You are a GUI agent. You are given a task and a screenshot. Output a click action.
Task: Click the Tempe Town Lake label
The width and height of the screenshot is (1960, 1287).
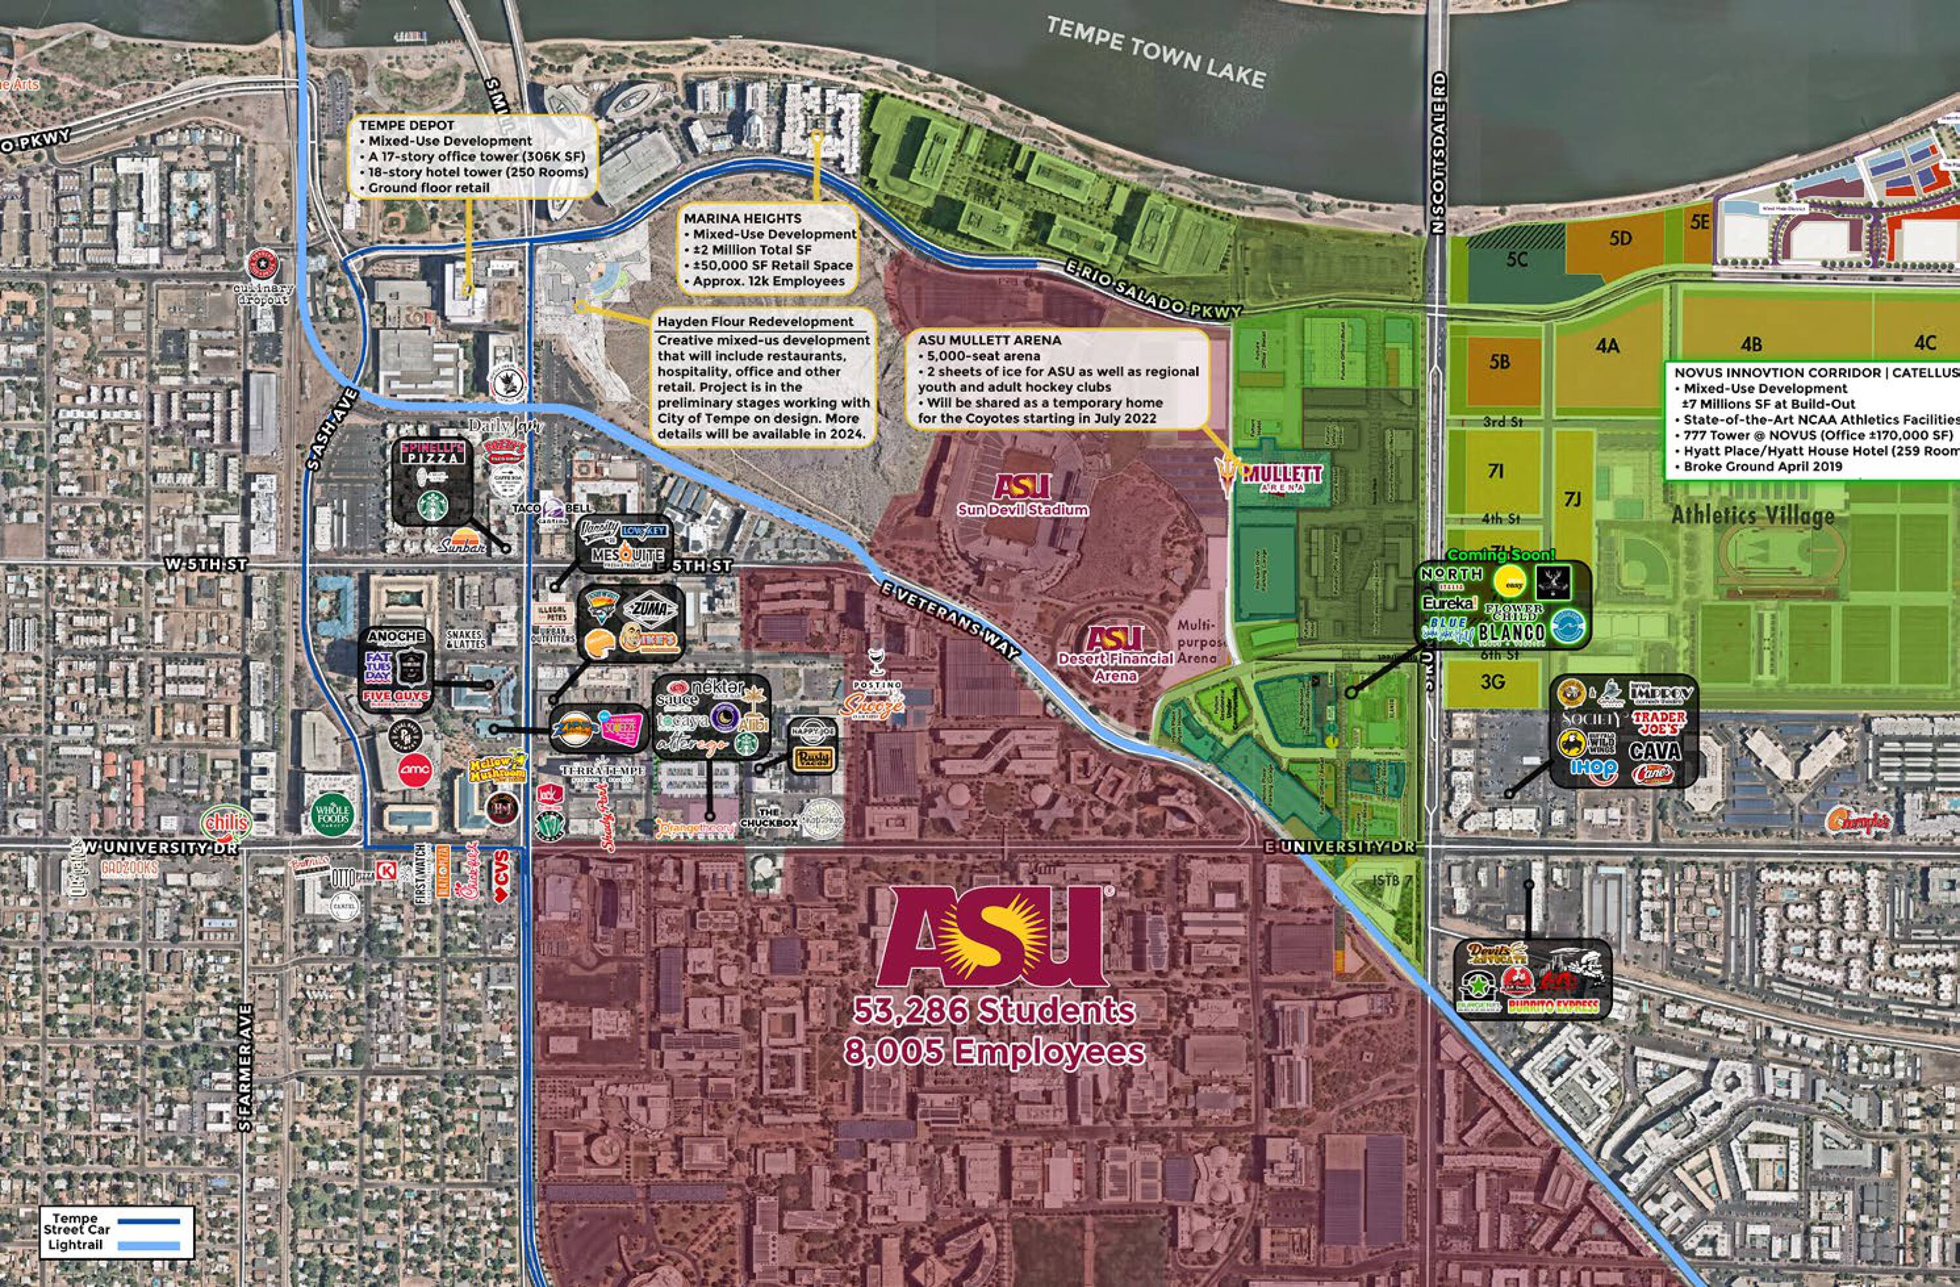1154,51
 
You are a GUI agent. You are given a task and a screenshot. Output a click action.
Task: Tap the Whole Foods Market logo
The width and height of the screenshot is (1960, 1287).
332,813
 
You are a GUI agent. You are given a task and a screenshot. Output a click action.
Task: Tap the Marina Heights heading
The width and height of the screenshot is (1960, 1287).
742,218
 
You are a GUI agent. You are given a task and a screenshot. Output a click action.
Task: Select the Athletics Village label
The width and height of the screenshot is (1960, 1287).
1752,515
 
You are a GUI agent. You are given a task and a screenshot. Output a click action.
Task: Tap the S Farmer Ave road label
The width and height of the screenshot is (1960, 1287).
244,1067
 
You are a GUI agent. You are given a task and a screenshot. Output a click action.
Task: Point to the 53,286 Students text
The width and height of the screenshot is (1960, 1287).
994,1011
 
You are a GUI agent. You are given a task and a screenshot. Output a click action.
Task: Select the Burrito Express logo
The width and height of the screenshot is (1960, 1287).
1552,1005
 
